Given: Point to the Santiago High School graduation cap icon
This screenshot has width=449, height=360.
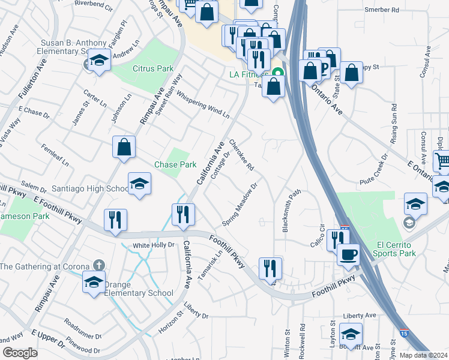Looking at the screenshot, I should pos(139,184).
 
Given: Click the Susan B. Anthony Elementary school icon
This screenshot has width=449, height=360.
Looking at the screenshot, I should pos(99,60).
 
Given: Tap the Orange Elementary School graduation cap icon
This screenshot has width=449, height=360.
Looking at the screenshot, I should pos(94,281).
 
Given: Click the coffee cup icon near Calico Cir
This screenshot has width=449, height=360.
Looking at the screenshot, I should pos(348,255).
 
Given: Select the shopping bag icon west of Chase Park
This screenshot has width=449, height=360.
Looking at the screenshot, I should pos(124,148).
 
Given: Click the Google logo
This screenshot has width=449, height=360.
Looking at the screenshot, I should pos(20,353).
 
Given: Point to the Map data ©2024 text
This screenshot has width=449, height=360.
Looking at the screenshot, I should pos(423,355).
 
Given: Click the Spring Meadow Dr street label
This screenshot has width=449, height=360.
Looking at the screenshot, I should pos(240,205).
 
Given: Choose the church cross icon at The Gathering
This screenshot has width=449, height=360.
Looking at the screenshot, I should pos(98,266).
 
